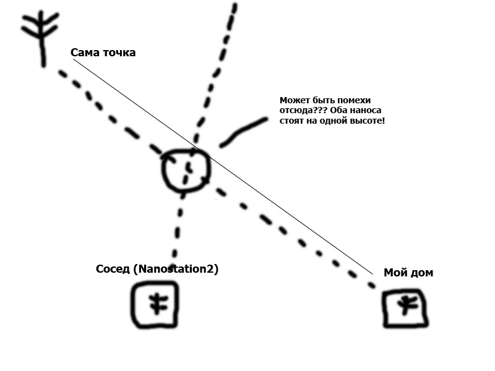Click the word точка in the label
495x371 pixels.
coord(118,53)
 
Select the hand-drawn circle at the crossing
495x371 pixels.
coord(186,168)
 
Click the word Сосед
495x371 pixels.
coord(113,270)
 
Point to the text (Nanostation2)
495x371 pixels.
coord(176,270)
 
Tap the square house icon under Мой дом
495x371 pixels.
coord(405,307)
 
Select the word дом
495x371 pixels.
coord(422,273)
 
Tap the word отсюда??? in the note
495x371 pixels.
coord(298,110)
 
